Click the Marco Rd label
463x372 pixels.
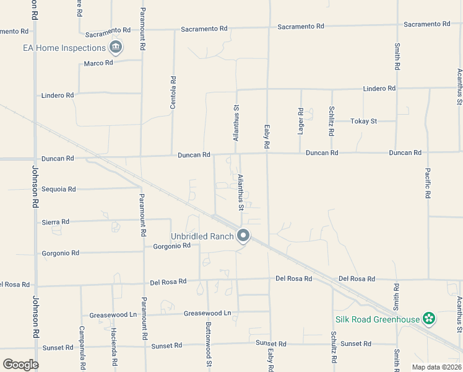[98, 63]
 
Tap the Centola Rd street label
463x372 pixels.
[173, 92]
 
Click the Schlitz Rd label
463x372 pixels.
[332, 122]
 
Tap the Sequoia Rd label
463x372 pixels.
[59, 189]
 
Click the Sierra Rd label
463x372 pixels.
[56, 221]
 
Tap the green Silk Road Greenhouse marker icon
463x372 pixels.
[429, 319]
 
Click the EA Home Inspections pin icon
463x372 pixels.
[115, 47]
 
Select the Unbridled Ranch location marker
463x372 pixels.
[243, 236]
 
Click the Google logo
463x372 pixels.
[21, 364]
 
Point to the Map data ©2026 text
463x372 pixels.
[435, 366]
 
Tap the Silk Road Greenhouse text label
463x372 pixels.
[378, 319]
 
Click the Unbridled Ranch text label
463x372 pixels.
[202, 236]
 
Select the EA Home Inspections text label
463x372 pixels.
[64, 48]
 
